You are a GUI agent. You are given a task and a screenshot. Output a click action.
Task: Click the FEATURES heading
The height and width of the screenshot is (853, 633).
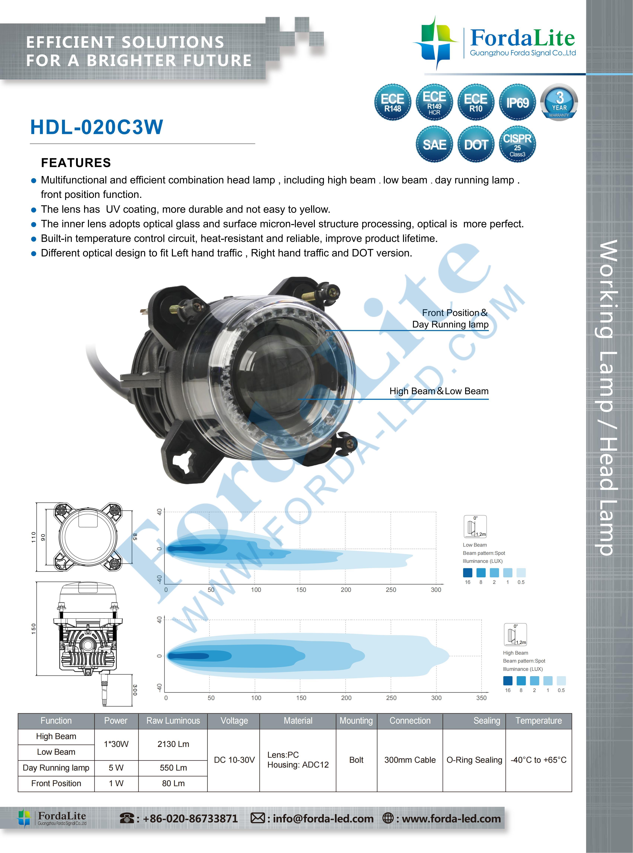click(x=76, y=162)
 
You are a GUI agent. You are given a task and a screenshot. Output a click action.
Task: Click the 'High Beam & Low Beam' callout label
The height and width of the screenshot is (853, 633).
click(x=439, y=391)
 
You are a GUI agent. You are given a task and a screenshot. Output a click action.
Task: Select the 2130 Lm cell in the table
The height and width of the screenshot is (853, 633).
click(x=173, y=744)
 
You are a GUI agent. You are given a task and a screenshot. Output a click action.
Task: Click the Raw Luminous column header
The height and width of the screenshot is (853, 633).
click(x=173, y=720)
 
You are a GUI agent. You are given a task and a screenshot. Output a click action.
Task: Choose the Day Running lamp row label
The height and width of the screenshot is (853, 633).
click(x=56, y=768)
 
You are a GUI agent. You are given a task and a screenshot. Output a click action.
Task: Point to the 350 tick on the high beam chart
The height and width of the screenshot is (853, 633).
click(x=481, y=698)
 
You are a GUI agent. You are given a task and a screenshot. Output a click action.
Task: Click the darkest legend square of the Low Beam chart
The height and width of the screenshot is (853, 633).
click(x=467, y=573)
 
